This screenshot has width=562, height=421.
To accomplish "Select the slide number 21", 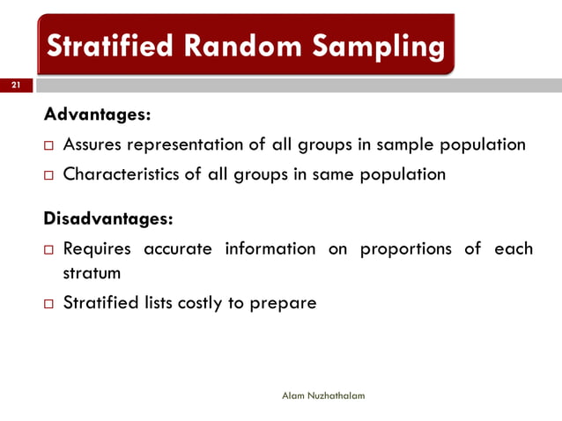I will pyautogui.click(x=15, y=85).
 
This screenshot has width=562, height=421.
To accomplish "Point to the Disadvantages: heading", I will pyautogui.click(x=108, y=218).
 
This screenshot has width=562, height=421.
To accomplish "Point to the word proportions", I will pyautogui.click(x=403, y=249).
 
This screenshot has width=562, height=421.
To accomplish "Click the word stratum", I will pyautogui.click(x=92, y=273).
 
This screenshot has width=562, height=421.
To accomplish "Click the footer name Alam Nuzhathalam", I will pyautogui.click(x=322, y=396).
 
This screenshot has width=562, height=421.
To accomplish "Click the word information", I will pyautogui.click(x=270, y=249).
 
